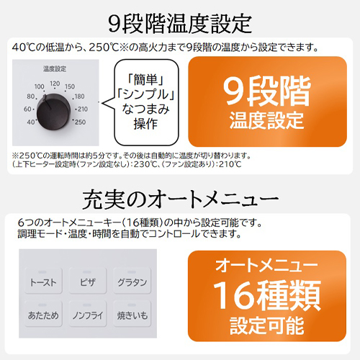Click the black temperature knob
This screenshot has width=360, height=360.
click(53, 112)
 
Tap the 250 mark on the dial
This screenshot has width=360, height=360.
click(80, 122)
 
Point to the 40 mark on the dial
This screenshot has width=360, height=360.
click(31, 122)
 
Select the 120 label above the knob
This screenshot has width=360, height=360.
click(55, 84)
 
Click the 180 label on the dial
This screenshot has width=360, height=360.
click(79, 96)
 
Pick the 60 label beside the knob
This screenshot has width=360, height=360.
click(27, 109)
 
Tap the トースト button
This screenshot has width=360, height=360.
click(43, 281)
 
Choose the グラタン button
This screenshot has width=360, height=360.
click(132, 281)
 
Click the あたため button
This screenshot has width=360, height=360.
click(43, 313)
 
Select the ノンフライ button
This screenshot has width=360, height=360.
click(88, 313)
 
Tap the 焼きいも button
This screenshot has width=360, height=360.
click(132, 313)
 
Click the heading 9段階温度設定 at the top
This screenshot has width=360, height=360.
click(180, 24)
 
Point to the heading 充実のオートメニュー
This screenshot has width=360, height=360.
click(180, 199)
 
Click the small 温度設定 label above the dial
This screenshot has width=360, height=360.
click(55, 69)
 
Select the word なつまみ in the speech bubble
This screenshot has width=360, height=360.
click(146, 109)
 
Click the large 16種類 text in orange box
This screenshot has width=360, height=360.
click(267, 295)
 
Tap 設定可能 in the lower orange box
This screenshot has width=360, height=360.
click(267, 325)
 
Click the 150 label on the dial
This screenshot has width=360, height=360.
click(70, 86)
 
